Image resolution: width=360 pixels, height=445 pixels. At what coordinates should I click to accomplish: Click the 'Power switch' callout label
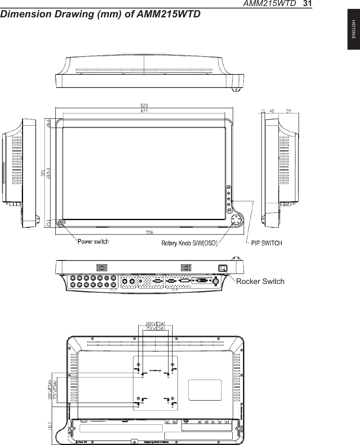pos(93,242)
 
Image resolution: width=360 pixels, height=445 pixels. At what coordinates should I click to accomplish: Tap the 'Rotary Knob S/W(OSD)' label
pos(189,243)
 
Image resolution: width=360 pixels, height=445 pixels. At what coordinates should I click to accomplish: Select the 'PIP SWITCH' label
pos(267,243)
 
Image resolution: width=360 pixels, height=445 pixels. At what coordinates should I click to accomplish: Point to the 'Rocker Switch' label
pos(260,281)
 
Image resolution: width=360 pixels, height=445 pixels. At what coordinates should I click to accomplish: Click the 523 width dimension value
pos(144,106)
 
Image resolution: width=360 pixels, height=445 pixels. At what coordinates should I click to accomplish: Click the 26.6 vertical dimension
pos(48,123)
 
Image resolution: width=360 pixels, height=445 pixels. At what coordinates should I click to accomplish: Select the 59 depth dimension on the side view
pos(288,111)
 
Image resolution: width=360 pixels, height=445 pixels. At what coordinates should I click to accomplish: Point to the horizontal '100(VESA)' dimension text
pos(155,323)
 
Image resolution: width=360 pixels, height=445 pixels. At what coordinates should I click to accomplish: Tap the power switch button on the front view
pos(61,222)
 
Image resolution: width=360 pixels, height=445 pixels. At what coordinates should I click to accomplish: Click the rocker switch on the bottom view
pos(222,268)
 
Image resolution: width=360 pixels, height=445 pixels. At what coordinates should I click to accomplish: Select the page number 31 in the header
pos(307,4)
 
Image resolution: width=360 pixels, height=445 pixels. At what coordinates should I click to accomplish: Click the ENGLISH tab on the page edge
pos(353,31)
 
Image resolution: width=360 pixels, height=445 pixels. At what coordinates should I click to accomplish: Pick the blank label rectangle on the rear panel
pos(205,390)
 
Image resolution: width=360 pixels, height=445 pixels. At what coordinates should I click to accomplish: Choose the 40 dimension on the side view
pos(273,111)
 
